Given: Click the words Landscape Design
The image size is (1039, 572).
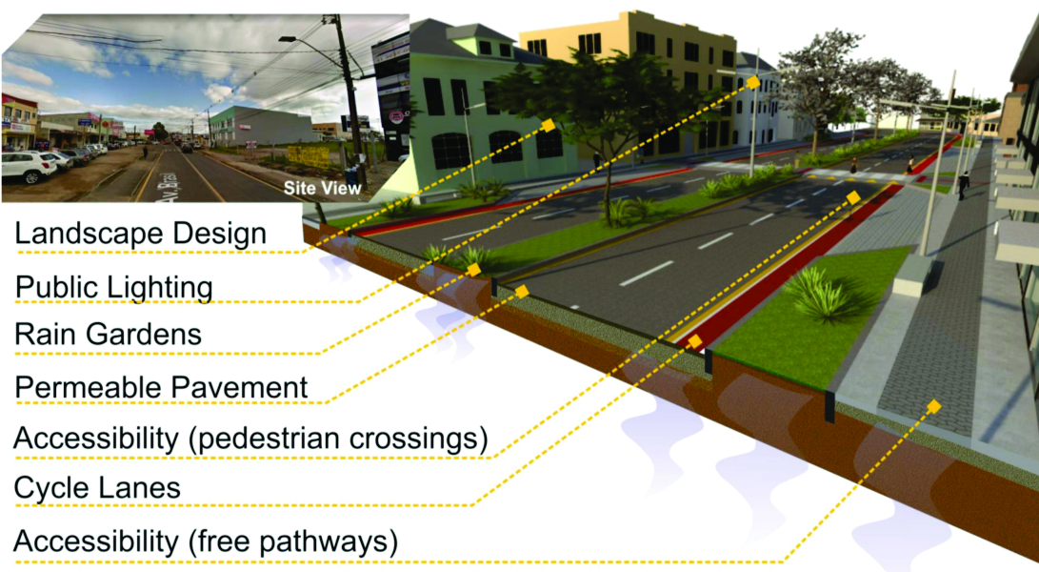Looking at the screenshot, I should click(139, 233).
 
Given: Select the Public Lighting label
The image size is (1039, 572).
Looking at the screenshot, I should click(113, 286).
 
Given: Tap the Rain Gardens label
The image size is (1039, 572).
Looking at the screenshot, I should click(108, 335).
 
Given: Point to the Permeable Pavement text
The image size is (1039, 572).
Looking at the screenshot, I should click(161, 387).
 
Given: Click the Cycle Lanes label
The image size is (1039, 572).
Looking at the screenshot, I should click(96, 488).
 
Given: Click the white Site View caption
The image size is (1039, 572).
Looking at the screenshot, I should click(322, 189).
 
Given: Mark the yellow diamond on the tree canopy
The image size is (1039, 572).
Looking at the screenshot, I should click(548, 125).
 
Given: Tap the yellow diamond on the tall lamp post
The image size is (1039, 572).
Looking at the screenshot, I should click(753, 82).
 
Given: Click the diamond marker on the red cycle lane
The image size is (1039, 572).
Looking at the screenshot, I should click(694, 340).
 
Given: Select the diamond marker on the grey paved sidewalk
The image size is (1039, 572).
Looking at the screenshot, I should click(933, 407).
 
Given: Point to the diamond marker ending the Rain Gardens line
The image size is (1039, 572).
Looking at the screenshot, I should click(474, 270).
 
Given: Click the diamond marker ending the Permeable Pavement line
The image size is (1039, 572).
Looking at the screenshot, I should click(521, 289).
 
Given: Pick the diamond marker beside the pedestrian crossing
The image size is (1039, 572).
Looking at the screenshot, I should click(852, 197).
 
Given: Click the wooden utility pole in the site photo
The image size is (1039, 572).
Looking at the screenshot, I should click(343, 95).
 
